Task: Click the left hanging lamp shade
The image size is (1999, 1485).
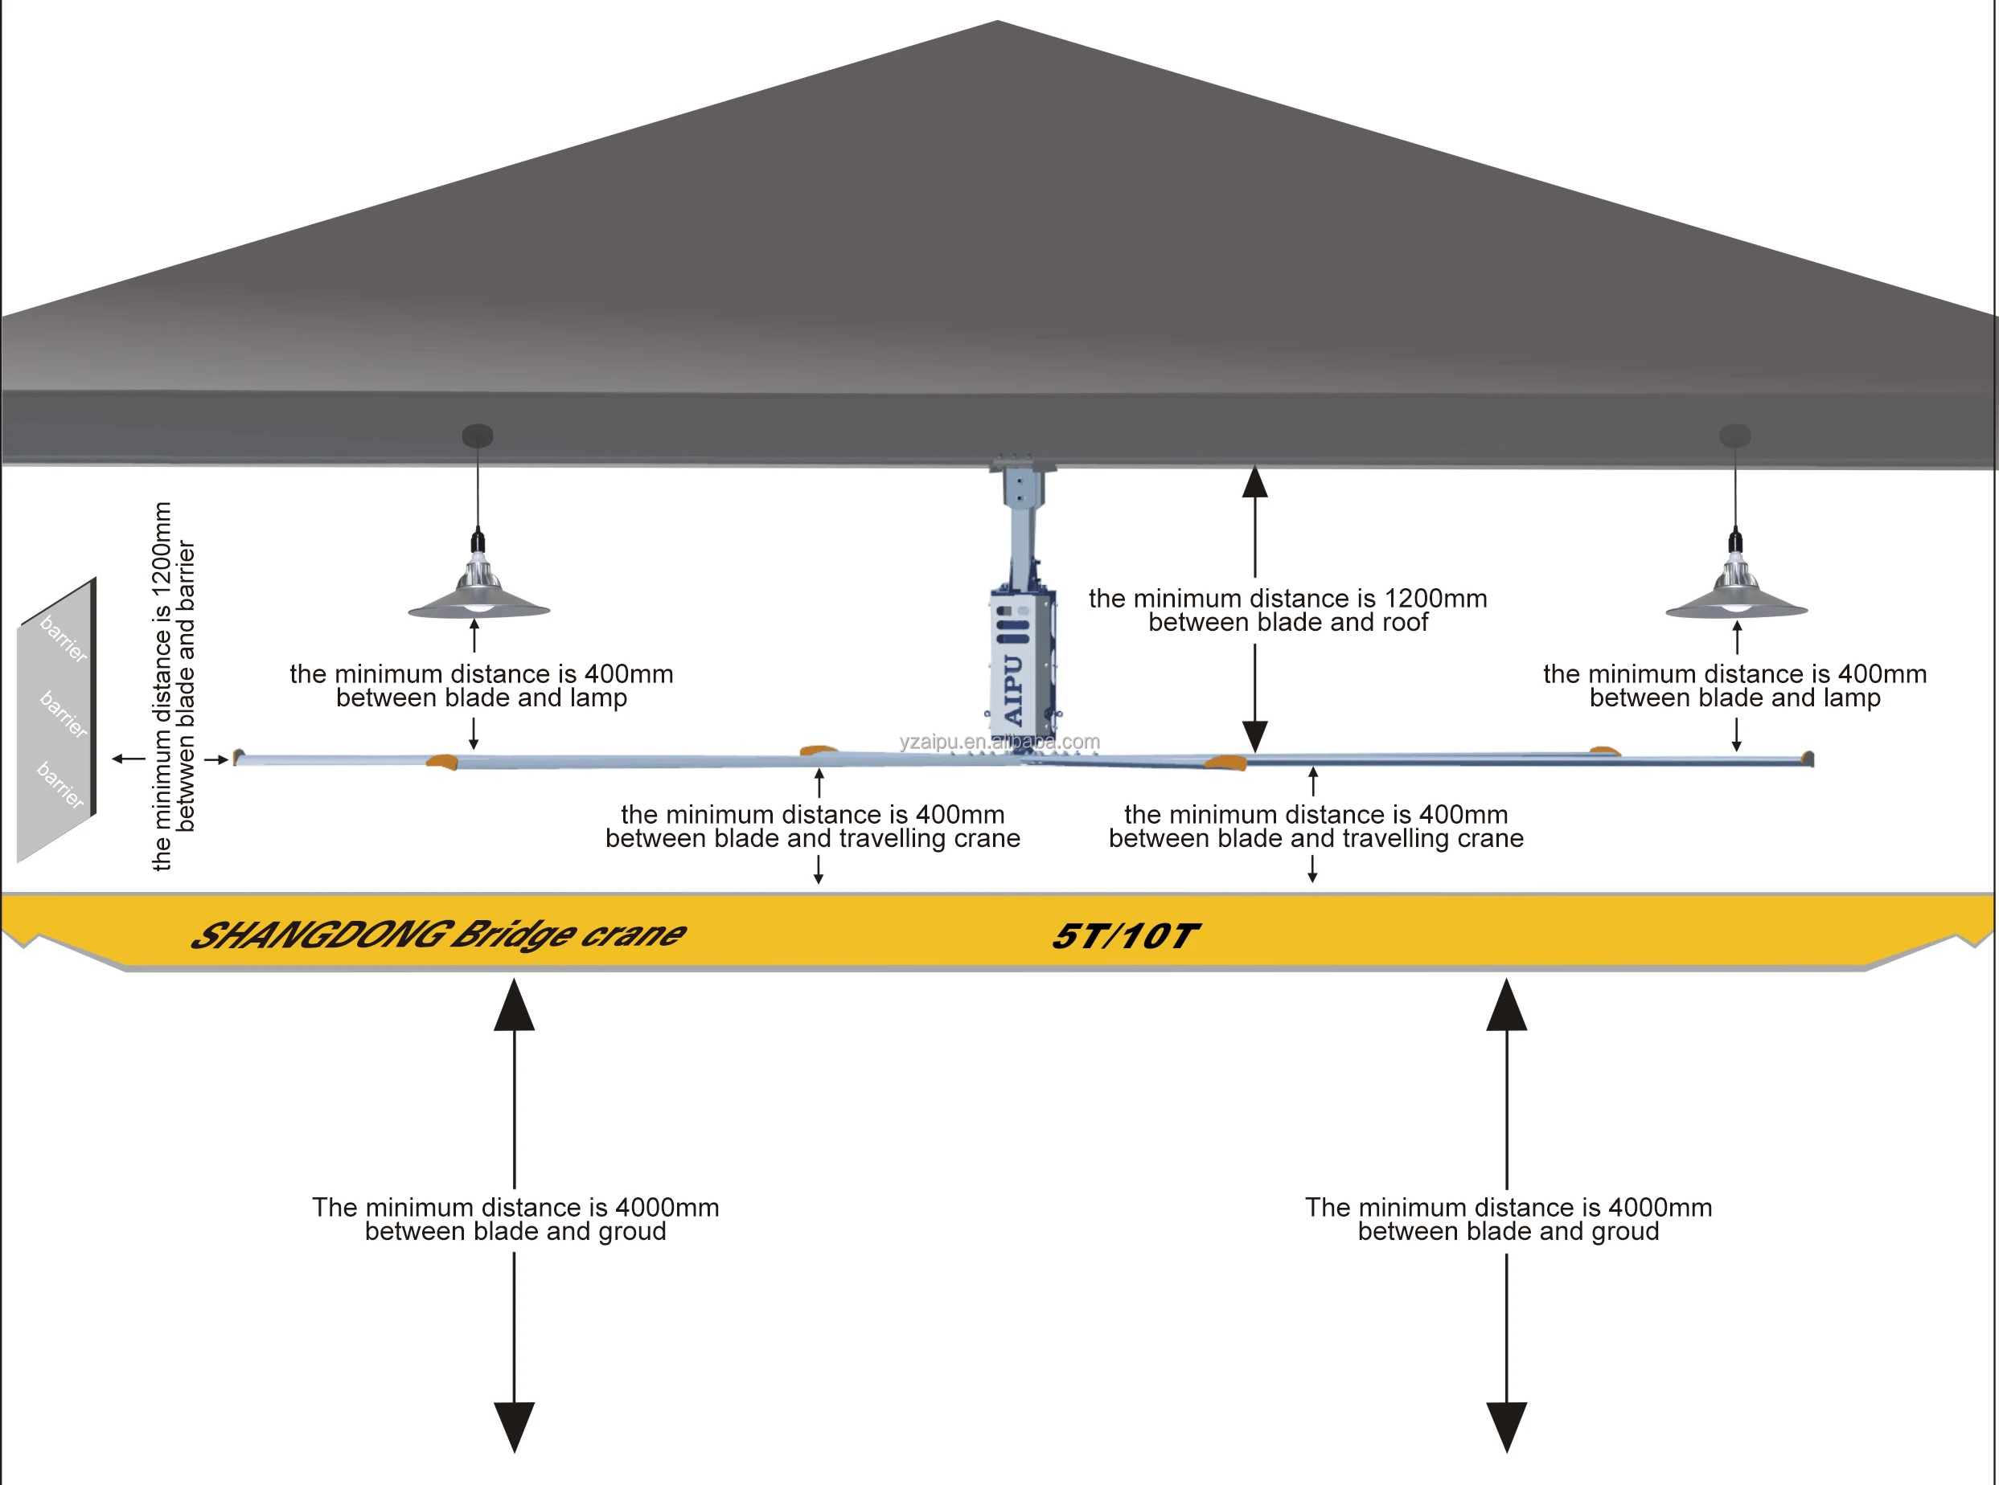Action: [x=478, y=604]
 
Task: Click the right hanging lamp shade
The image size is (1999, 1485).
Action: [x=1735, y=604]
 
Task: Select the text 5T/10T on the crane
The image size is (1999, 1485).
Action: [x=1125, y=937]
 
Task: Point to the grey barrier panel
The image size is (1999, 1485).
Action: [x=55, y=719]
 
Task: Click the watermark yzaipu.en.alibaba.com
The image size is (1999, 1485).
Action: [x=999, y=742]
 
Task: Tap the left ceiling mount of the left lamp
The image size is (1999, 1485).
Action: [x=478, y=436]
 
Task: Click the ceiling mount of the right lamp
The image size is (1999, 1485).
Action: [x=1734, y=436]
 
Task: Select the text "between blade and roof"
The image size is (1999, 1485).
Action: [x=1287, y=623]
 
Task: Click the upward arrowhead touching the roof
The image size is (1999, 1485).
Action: [x=1254, y=483]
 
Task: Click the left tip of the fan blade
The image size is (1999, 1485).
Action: [x=239, y=758]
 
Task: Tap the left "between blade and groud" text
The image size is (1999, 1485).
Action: [x=515, y=1232]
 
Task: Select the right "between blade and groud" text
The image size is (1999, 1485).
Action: [x=1508, y=1232]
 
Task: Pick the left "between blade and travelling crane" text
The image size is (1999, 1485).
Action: [x=813, y=839]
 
